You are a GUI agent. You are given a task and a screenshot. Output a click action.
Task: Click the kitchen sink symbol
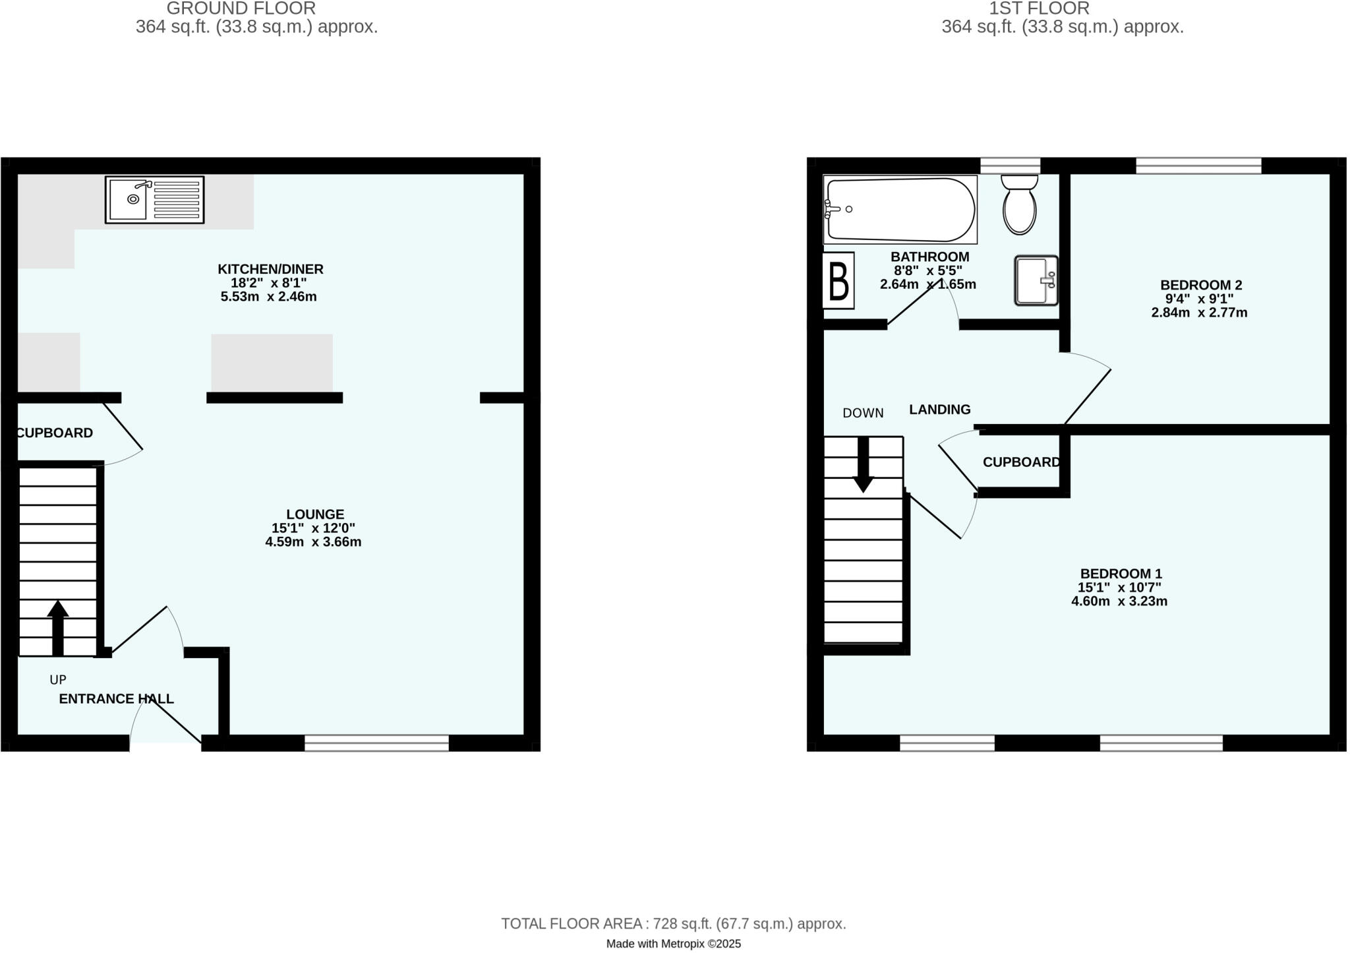click(x=154, y=199)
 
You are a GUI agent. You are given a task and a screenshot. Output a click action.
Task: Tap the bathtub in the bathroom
click(x=900, y=210)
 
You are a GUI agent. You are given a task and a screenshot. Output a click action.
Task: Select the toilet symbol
click(x=1019, y=204)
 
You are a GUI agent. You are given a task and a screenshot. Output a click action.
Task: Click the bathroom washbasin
click(x=1036, y=281)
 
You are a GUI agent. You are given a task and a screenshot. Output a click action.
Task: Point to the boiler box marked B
click(x=838, y=280)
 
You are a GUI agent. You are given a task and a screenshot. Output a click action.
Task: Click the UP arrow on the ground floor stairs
click(x=58, y=627)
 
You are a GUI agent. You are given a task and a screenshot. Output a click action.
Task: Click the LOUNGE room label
click(x=315, y=514)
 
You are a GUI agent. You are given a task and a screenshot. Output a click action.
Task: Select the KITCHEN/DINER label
click(x=270, y=269)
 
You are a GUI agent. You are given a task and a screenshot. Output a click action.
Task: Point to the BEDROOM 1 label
click(x=1121, y=574)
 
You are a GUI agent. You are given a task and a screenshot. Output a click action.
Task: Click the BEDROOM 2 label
click(x=1201, y=285)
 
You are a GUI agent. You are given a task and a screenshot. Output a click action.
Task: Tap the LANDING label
click(x=939, y=410)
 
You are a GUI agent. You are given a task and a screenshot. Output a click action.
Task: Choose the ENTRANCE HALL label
click(x=117, y=699)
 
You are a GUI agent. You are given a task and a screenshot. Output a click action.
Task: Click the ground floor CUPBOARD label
click(x=55, y=433)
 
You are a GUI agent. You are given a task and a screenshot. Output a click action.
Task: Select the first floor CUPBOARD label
click(x=1021, y=462)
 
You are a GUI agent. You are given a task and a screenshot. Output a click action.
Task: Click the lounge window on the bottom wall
click(x=376, y=743)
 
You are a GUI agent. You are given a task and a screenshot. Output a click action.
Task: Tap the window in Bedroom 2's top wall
click(x=1198, y=166)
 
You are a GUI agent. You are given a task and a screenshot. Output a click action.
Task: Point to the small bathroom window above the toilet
click(x=1010, y=166)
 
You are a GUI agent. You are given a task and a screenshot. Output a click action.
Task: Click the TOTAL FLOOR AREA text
click(x=673, y=924)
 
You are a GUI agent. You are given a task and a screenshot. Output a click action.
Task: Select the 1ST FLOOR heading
click(x=1039, y=9)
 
